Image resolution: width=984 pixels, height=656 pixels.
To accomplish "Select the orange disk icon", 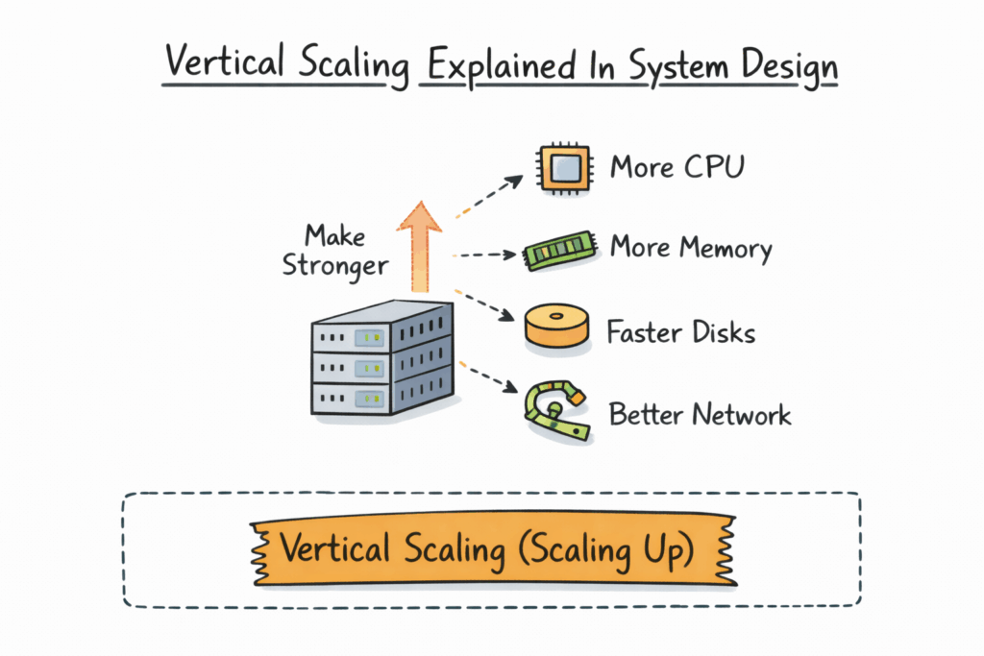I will [x=556, y=327].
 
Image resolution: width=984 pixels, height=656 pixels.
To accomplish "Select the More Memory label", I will [x=690, y=249].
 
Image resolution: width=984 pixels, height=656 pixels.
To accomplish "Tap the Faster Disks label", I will [x=680, y=332].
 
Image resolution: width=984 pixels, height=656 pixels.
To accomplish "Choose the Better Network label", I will [x=700, y=415].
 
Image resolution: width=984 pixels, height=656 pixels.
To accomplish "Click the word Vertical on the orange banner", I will [x=335, y=548].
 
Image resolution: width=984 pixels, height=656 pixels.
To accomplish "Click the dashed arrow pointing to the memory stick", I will [x=484, y=255].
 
